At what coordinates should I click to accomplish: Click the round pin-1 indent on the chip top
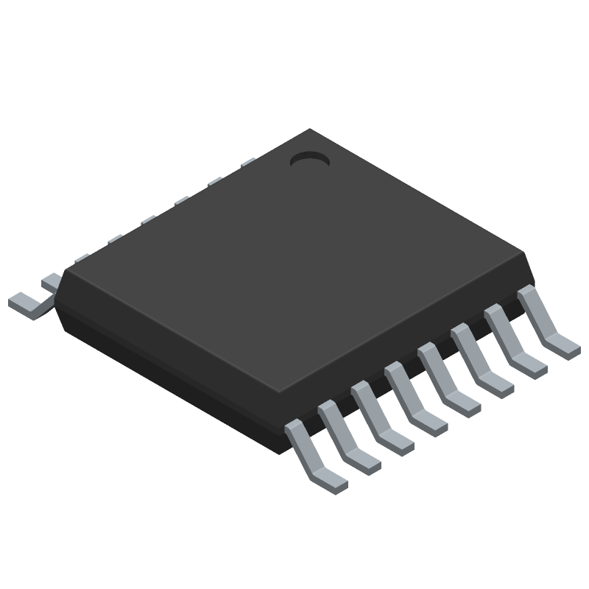309,158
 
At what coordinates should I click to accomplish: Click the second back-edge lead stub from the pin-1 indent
215,181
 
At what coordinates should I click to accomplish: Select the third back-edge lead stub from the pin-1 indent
182,200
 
